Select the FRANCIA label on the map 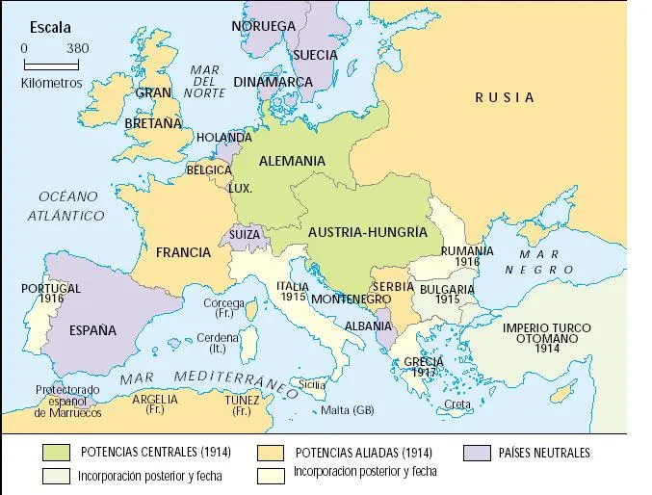[x=182, y=252]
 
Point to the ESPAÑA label [x=92, y=330]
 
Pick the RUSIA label [x=505, y=96]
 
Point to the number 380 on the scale [x=78, y=48]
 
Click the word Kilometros [x=51, y=83]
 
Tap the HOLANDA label [x=223, y=138]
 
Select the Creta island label [x=457, y=404]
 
